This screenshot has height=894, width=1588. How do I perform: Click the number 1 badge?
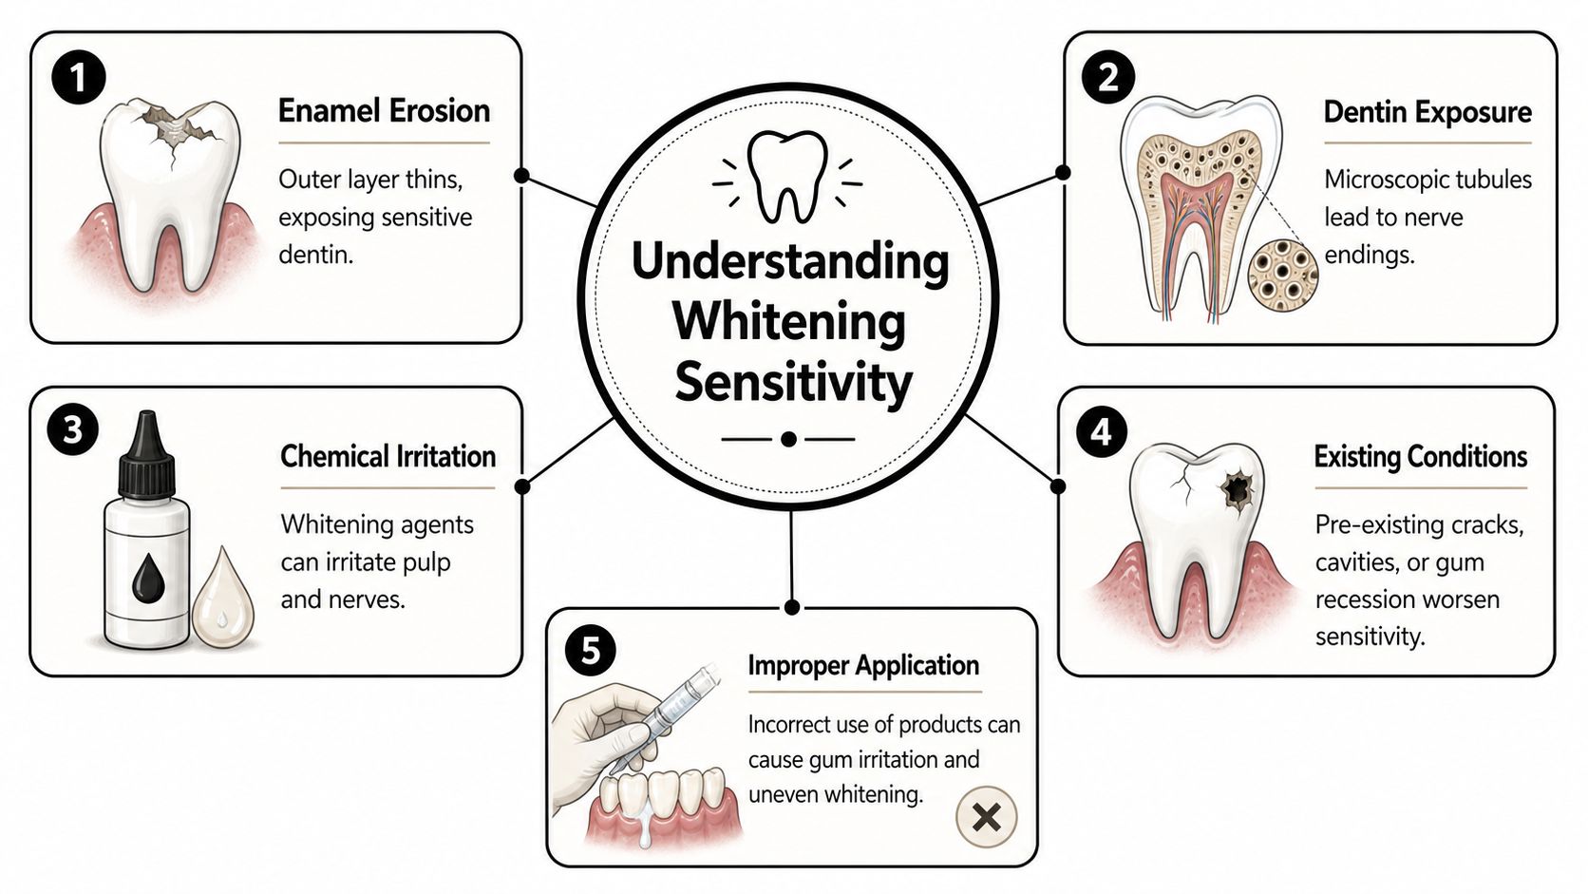click(79, 77)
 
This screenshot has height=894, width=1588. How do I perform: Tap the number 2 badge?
click(1108, 77)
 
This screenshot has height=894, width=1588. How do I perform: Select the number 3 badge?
click(72, 429)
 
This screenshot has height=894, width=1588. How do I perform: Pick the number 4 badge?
click(1102, 431)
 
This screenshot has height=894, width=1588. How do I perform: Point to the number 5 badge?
click(591, 650)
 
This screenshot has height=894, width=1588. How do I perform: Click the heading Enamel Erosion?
click(384, 111)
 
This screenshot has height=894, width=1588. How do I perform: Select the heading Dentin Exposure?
click(1427, 112)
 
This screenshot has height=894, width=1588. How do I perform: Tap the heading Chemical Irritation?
click(388, 457)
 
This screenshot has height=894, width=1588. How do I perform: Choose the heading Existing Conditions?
click(1421, 457)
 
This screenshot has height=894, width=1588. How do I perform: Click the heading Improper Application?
click(863, 666)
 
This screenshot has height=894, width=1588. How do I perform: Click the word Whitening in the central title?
click(789, 322)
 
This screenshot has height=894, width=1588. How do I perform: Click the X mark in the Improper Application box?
click(986, 817)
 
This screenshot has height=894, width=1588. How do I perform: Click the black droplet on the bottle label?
click(148, 575)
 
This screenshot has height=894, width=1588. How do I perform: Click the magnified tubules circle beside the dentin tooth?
click(1283, 275)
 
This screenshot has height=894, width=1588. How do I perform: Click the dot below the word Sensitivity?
click(788, 440)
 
